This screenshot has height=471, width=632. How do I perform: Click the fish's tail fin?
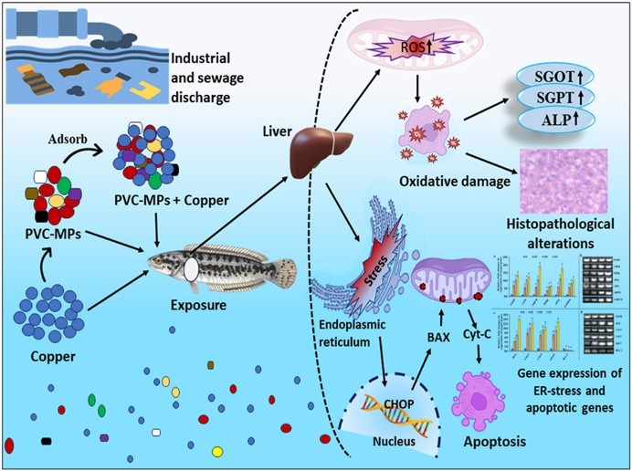pos(285,270)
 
